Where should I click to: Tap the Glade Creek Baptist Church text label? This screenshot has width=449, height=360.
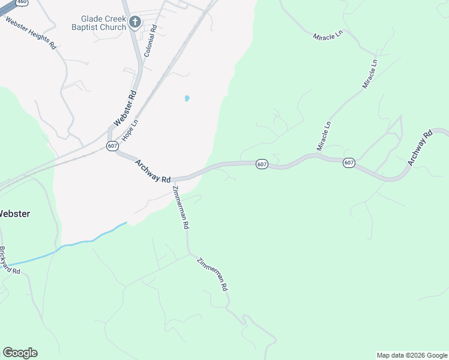pos(98,23)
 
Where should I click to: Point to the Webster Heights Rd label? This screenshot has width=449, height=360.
pos(31,34)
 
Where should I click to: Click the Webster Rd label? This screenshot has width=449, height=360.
pos(125,109)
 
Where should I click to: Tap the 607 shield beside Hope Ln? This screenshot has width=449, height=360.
pos(112,146)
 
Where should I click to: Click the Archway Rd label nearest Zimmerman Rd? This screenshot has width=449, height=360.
pos(153,171)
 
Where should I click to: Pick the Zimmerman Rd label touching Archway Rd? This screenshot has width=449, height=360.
pos(181,208)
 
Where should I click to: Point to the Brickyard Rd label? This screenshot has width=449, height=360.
pos(10,261)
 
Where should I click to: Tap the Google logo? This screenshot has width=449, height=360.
pos(20,353)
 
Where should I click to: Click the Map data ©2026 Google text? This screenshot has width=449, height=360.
pos(412,355)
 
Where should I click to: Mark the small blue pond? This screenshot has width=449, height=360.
pos(187,98)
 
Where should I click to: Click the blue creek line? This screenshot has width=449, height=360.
pos(78,242)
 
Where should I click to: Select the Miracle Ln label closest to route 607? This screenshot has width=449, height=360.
pos(324,136)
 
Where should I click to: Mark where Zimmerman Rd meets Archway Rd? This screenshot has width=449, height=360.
pos(173,179)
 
